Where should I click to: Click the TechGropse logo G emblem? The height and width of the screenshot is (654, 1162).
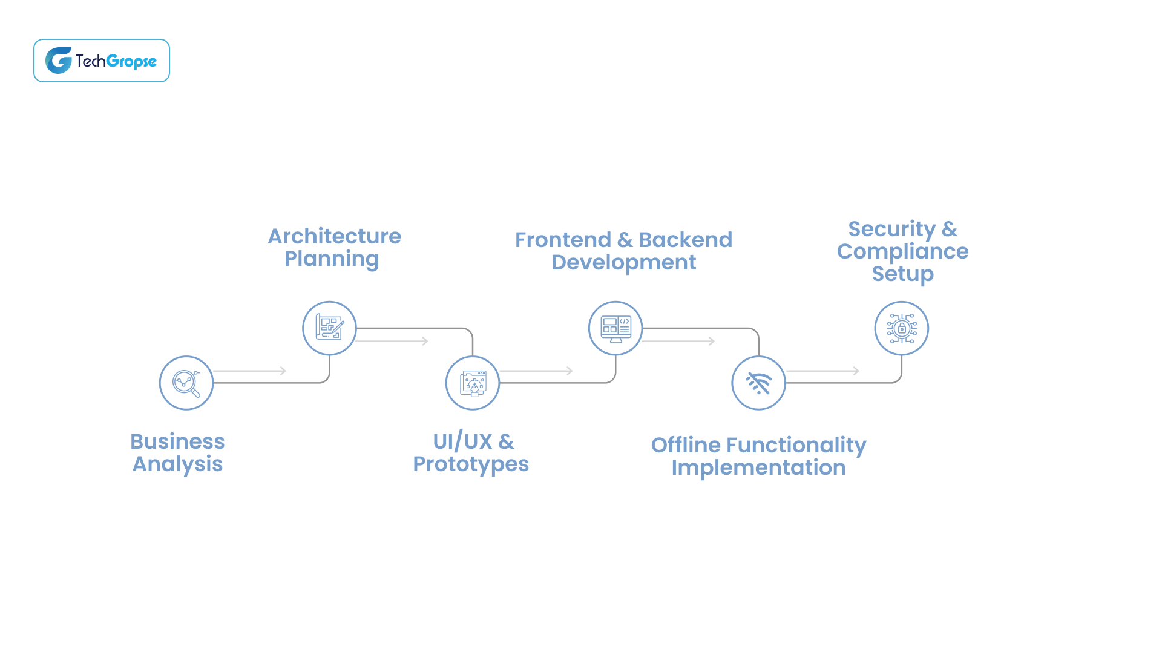pyautogui.click(x=59, y=61)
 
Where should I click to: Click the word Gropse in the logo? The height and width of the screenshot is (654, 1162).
pyautogui.click(x=131, y=61)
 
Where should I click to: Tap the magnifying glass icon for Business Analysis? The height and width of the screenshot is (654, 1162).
pyautogui.click(x=186, y=383)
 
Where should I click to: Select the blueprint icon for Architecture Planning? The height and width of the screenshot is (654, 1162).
pyautogui.click(x=329, y=328)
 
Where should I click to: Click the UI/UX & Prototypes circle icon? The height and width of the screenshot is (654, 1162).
pyautogui.click(x=473, y=383)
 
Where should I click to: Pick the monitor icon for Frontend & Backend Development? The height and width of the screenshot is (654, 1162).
pyautogui.click(x=615, y=328)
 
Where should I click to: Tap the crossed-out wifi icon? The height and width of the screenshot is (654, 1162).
pyautogui.click(x=758, y=383)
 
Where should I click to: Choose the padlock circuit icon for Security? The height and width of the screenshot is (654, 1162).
pyautogui.click(x=902, y=328)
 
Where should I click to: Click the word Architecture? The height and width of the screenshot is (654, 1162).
pyautogui.click(x=335, y=236)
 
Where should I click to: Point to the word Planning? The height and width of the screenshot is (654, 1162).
pyautogui.click(x=332, y=259)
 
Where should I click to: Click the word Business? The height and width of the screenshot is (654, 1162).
pyautogui.click(x=177, y=441)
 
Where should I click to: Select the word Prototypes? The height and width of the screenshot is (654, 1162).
pyautogui.click(x=471, y=464)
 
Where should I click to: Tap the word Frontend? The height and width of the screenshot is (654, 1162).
pyautogui.click(x=563, y=240)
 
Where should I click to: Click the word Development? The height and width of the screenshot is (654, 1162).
pyautogui.click(x=623, y=263)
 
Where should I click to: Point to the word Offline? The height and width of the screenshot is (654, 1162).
pyautogui.click(x=686, y=445)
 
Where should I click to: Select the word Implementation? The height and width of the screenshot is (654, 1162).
pyautogui.click(x=758, y=468)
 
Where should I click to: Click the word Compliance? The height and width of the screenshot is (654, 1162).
pyautogui.click(x=902, y=251)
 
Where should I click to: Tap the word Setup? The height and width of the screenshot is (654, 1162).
pyautogui.click(x=902, y=274)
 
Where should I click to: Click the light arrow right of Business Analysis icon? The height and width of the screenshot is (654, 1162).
pyautogui.click(x=249, y=371)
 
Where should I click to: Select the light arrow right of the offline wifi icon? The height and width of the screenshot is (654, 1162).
pyautogui.click(x=822, y=371)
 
